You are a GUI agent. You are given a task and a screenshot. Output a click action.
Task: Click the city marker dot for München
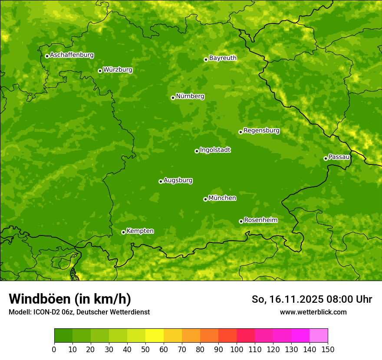(x=205, y=199)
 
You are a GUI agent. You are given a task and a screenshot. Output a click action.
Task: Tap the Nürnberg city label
(x=190, y=96)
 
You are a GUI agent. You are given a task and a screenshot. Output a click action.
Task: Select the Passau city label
(x=339, y=157)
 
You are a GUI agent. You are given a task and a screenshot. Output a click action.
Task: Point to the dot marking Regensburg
(x=240, y=132)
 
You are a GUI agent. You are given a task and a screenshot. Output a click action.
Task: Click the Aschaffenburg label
(x=72, y=55)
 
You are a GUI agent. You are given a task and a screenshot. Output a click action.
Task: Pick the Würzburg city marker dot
(x=100, y=71)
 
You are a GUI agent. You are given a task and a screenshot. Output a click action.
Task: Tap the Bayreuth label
(x=223, y=58)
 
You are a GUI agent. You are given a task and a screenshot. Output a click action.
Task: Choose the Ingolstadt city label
(x=215, y=150)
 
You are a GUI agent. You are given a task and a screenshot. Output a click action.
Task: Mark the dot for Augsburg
(x=161, y=181)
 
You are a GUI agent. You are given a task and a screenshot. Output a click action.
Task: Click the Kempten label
(x=140, y=231)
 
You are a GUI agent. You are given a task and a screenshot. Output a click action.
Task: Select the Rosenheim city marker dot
(x=241, y=221)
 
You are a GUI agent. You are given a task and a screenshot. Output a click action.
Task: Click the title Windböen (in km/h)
(x=69, y=299)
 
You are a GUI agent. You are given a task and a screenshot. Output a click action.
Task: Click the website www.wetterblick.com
(x=313, y=312)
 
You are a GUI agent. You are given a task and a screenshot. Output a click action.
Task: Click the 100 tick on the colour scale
(x=237, y=349)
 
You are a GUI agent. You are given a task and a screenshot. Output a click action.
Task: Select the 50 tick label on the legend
(x=145, y=349)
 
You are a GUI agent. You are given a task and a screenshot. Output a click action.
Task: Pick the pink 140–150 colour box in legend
(x=319, y=336)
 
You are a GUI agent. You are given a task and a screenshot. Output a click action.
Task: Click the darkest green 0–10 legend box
(x=63, y=336)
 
